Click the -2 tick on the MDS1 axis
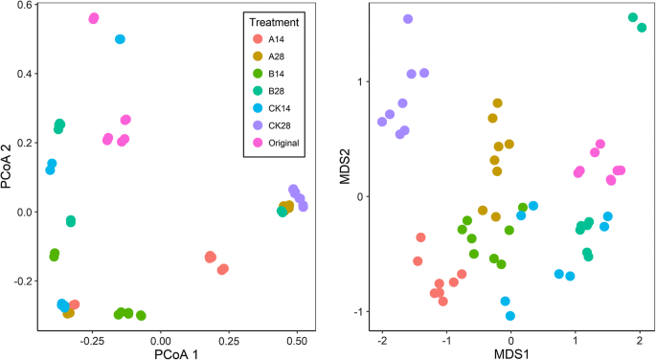[x=382, y=337]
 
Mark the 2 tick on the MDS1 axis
[x=639, y=337]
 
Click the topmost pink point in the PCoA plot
[x=94, y=18]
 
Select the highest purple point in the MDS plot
[x=408, y=19]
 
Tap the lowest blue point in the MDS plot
[x=510, y=316]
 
